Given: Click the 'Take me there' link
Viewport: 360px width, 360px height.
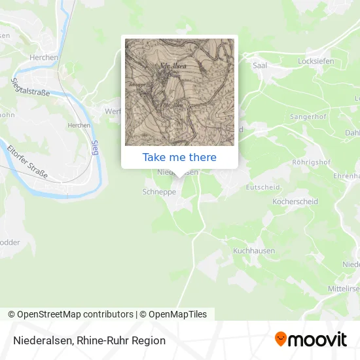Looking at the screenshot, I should pyautogui.click(x=179, y=157).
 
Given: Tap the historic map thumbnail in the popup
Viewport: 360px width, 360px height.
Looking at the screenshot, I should pyautogui.click(x=179, y=92).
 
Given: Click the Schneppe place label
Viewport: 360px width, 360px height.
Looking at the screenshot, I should pyautogui.click(x=156, y=192).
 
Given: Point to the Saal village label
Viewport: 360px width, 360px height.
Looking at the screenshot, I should pyautogui.click(x=259, y=65).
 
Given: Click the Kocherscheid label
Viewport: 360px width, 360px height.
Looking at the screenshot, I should pyautogui.click(x=295, y=202).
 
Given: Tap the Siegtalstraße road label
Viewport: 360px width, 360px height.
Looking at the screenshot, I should pyautogui.click(x=31, y=88).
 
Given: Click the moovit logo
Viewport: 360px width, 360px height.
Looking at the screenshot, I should pyautogui.click(x=311, y=340).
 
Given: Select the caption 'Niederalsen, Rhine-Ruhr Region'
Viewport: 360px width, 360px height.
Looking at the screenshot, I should pyautogui.click(x=88, y=340).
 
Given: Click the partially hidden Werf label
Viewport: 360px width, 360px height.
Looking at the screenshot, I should pyautogui.click(x=113, y=111).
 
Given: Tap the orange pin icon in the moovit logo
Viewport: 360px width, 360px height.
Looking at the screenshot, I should pyautogui.click(x=281, y=340).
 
